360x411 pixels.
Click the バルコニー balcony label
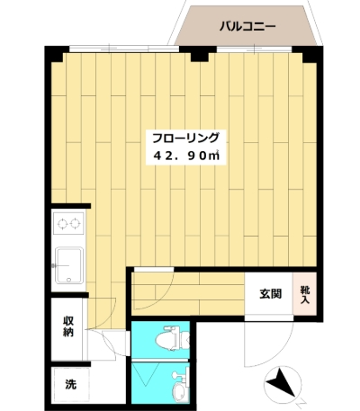point(247,27)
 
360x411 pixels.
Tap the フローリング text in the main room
point(185,138)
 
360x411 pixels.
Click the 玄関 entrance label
point(270,294)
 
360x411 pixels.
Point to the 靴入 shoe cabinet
point(305,294)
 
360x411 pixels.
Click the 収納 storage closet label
point(68,326)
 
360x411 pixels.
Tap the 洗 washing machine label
point(71,384)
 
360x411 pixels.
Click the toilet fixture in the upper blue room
point(172,339)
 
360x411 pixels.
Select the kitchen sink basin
point(69,265)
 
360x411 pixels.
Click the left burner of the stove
point(63,223)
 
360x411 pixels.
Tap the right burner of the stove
point(75,223)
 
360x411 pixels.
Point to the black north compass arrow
point(281,382)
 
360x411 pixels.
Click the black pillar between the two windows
point(200,54)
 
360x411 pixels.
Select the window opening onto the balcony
point(254,49)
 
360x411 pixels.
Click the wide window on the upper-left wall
point(124,49)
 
